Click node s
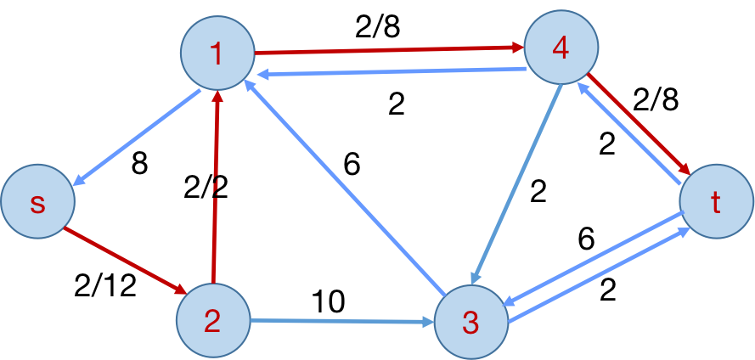point(37,203)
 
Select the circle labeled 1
point(217,53)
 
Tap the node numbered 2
point(212,320)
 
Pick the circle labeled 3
point(470,322)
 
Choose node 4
point(561,48)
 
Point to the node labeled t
point(716,202)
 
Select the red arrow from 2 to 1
point(216,187)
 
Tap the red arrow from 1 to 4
point(389,50)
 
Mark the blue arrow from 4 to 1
point(391,72)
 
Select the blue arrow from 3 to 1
point(344,187)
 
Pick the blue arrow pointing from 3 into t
point(599,276)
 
